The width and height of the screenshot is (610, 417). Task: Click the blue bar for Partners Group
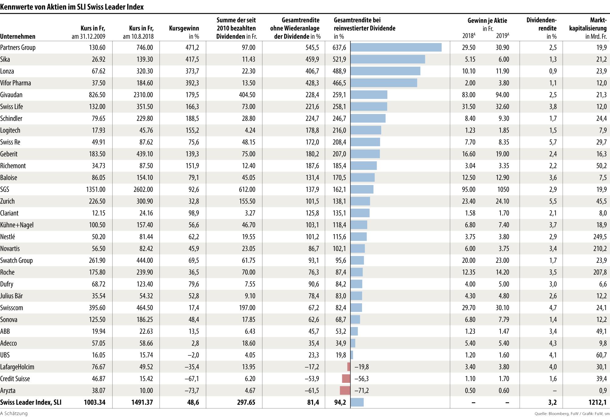pyautogui.click(x=396, y=47)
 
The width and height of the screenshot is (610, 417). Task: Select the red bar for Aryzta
pyautogui.click(x=345, y=390)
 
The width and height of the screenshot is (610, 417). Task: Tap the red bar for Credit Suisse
pyautogui.click(x=346, y=379)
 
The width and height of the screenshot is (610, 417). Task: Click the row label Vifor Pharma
pyautogui.click(x=16, y=83)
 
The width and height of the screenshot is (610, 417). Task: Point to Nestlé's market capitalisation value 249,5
pyautogui.click(x=600, y=237)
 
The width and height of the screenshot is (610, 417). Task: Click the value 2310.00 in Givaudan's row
pyautogui.click(x=143, y=95)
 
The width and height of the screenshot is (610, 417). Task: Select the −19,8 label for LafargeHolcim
pyautogui.click(x=361, y=367)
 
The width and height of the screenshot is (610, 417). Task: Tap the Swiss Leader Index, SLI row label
pyautogui.click(x=31, y=402)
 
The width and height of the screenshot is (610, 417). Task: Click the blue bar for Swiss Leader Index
pyautogui.click(x=357, y=402)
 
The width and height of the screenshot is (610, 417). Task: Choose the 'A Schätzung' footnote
pyautogui.click(x=14, y=414)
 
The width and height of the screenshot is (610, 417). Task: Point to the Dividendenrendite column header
pyautogui.click(x=541, y=28)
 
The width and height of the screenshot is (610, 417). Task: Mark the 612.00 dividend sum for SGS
pyautogui.click(x=247, y=189)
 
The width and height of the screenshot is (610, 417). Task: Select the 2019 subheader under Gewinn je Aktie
pyautogui.click(x=502, y=36)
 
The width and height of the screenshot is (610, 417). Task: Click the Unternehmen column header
pyautogui.click(x=18, y=37)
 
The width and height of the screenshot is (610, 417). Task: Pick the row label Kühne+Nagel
pyautogui.click(x=17, y=225)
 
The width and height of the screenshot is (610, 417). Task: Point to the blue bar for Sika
pyautogui.click(x=388, y=59)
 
